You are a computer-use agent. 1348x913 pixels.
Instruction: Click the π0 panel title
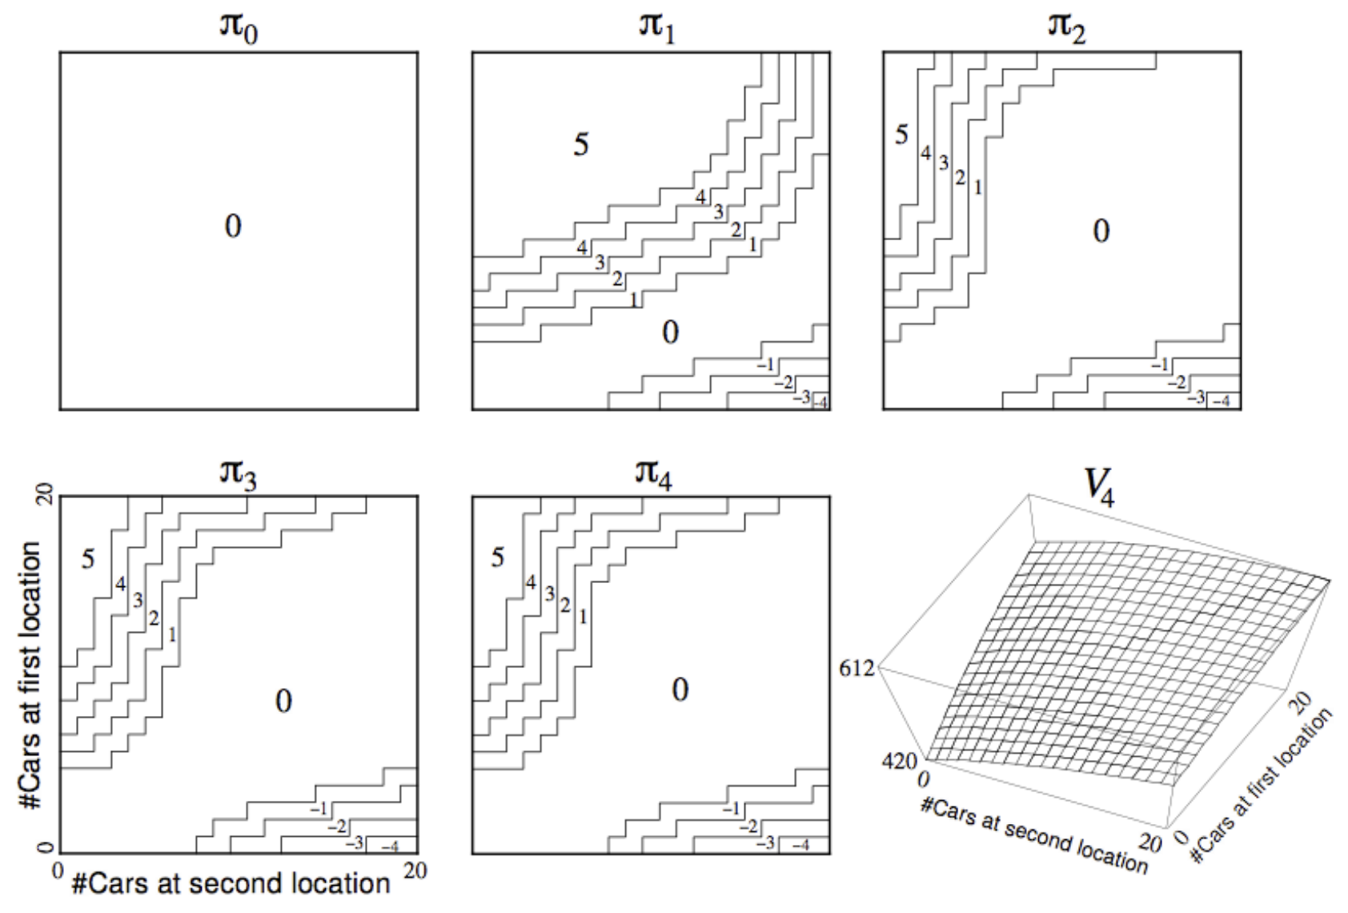click(239, 28)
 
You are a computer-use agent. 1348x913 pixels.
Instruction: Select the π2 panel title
click(1066, 26)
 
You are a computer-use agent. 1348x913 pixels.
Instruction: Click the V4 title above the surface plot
click(1098, 485)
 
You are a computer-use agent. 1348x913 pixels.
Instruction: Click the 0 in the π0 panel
click(233, 227)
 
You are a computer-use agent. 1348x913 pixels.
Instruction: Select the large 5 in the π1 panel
click(581, 145)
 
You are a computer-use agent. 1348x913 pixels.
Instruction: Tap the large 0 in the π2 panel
click(1101, 231)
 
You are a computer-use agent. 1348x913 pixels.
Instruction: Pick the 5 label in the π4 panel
click(498, 557)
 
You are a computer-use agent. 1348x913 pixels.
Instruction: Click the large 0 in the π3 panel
click(283, 702)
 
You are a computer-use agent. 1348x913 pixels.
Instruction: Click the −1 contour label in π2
click(1160, 365)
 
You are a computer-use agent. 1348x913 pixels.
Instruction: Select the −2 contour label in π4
click(748, 827)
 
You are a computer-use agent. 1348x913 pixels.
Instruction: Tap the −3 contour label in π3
click(354, 843)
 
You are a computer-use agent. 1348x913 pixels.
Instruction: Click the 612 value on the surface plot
click(857, 668)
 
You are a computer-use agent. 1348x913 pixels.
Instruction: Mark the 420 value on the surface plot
click(899, 760)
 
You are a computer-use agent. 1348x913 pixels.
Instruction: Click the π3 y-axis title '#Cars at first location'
click(30, 674)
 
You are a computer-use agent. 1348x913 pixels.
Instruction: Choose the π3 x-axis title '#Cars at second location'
click(231, 884)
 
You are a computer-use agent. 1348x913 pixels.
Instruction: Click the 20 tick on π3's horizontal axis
click(415, 871)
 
